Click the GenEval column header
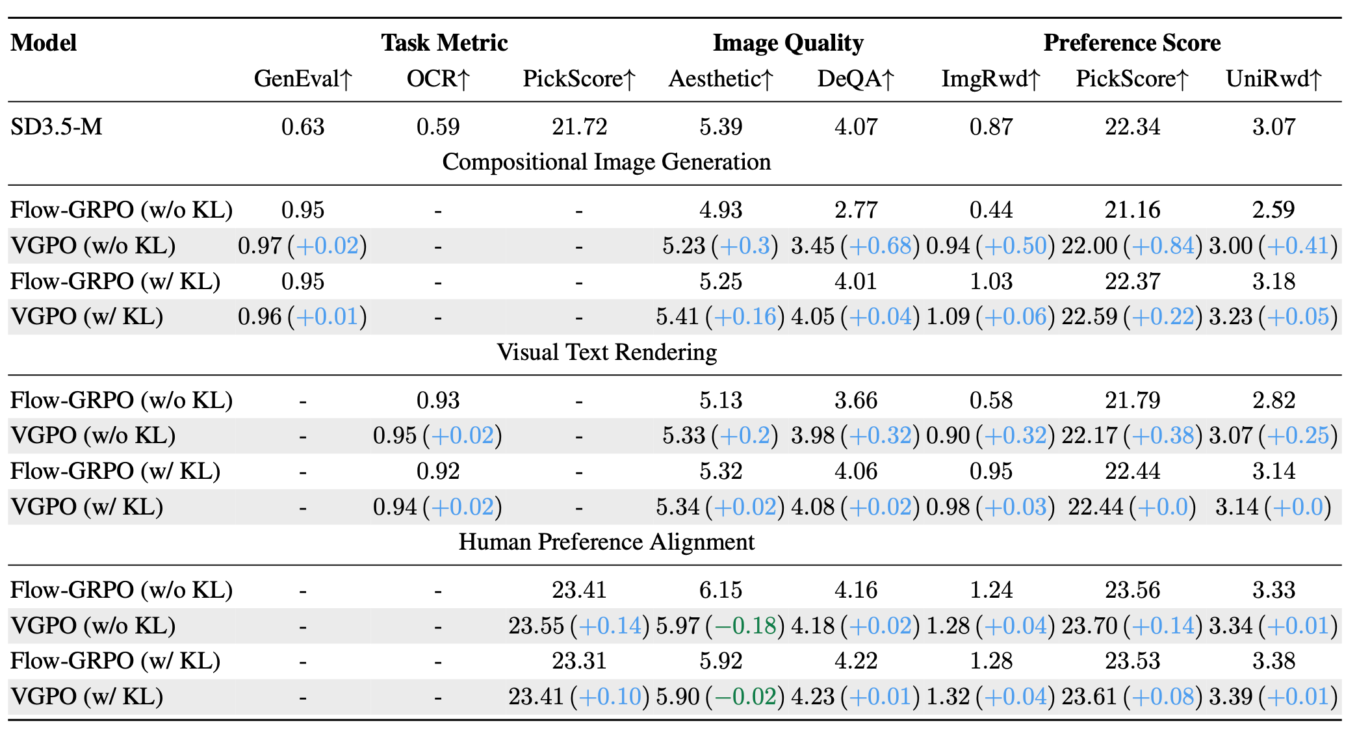click(x=303, y=79)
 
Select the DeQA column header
click(x=856, y=79)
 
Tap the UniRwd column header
click(x=1274, y=79)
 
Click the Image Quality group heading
click(x=788, y=43)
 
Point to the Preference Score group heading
click(x=1131, y=43)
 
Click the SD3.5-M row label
click(x=57, y=127)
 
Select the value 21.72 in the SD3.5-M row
click(x=579, y=127)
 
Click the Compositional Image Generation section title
click(x=606, y=162)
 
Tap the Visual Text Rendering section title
click(x=606, y=352)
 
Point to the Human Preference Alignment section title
click(x=606, y=542)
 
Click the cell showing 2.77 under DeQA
click(x=856, y=210)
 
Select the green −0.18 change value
click(x=745, y=626)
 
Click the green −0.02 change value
click(x=745, y=697)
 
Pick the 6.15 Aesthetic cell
click(x=721, y=590)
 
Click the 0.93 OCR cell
click(x=438, y=400)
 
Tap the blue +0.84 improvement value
click(x=1163, y=246)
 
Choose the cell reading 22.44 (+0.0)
click(x=1131, y=507)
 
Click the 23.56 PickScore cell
click(x=1132, y=590)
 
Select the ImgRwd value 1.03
click(x=991, y=281)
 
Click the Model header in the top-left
click(x=44, y=43)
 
